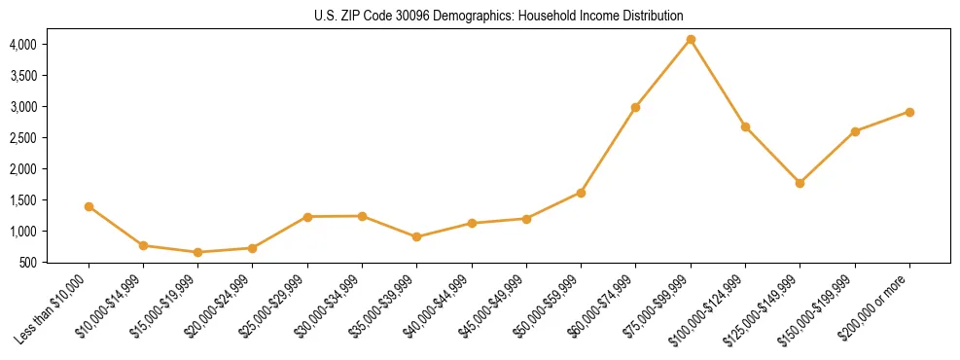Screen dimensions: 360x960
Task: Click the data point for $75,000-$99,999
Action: tap(691, 39)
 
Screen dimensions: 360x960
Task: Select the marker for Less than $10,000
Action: tap(89, 206)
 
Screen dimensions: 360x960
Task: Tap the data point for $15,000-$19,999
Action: tap(198, 252)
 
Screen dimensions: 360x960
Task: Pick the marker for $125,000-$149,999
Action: tap(800, 183)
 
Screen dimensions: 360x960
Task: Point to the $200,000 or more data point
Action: tap(909, 112)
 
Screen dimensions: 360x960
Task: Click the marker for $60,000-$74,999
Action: tap(635, 107)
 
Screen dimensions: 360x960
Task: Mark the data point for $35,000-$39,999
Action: tap(416, 236)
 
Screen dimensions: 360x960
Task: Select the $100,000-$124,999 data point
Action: tap(745, 126)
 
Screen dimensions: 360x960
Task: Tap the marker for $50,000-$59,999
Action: tap(581, 193)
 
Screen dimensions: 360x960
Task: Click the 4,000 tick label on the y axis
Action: tap(22, 44)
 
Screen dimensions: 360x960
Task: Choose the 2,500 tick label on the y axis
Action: tap(22, 137)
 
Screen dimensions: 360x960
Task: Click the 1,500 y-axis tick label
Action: tap(22, 199)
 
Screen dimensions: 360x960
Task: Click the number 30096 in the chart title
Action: tap(409, 17)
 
